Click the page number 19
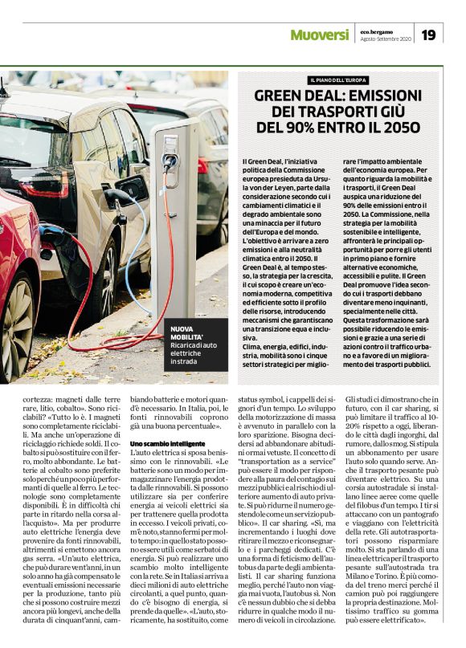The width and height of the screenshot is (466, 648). [x=428, y=35]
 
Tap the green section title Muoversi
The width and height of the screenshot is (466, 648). [x=319, y=35]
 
